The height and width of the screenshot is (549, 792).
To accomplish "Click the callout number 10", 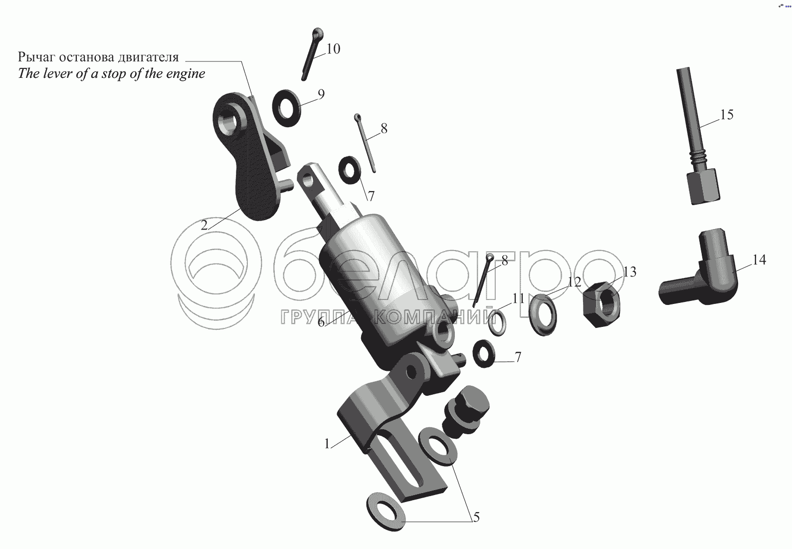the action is pos(333,49).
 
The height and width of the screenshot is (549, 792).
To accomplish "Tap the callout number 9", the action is pos(321,94).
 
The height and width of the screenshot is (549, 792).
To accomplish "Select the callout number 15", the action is pos(727,115).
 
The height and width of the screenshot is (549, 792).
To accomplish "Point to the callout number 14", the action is pos(759,260).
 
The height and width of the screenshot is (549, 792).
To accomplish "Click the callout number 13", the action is pos(629,272).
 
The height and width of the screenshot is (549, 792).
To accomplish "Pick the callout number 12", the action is pos(575,282).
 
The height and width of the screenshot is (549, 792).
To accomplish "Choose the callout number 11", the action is pos(518,298).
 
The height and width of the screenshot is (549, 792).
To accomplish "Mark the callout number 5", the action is pos(476,518).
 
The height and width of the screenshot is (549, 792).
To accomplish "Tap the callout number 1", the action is pos(327,443).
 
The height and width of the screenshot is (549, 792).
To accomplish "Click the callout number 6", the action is pos(321,322).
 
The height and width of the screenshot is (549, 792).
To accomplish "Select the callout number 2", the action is pos(204,225).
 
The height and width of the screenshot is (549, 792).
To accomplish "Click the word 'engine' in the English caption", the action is pos(184,74).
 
